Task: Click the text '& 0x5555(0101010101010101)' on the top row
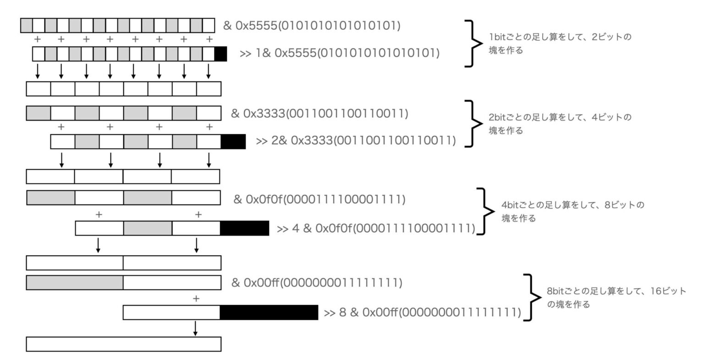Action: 312,26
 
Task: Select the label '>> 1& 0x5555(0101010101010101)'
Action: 339,54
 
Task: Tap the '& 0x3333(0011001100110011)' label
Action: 319,113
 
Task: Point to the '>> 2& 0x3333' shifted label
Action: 356,141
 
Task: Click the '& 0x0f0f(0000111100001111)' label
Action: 319,199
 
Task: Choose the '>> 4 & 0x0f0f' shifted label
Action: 376,228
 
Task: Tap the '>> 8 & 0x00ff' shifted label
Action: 422,313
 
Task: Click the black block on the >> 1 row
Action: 220,54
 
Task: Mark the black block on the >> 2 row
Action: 233,142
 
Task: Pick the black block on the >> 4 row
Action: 244,228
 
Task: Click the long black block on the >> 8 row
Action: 269,312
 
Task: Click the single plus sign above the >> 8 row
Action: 196,299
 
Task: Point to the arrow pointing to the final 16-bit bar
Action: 196,328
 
